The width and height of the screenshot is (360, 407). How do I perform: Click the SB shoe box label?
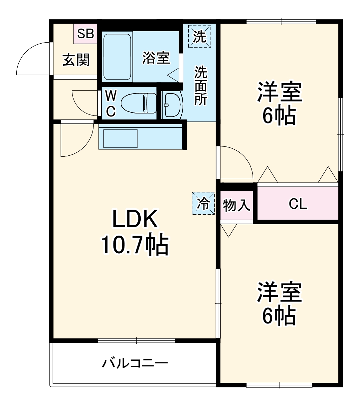coord(86,33)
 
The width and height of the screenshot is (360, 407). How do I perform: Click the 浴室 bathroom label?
coord(156,58)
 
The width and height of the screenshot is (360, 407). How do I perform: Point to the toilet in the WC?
coord(139,103)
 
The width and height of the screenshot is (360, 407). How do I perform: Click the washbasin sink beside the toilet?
coord(172,104)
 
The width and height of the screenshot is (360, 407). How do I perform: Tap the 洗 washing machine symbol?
coord(199,36)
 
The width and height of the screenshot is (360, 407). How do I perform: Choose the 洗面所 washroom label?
coord(201,86)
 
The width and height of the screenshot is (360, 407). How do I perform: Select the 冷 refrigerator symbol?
coord(203,203)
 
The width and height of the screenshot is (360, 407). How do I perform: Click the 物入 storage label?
coord(237,205)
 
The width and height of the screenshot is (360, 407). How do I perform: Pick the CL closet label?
coord(298,204)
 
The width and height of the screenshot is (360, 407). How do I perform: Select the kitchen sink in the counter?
coord(120,138)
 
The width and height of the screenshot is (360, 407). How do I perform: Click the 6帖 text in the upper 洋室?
coord(279,116)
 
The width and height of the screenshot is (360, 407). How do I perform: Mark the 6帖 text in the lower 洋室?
coord(279,316)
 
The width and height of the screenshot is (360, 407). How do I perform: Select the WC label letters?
coord(110,103)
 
